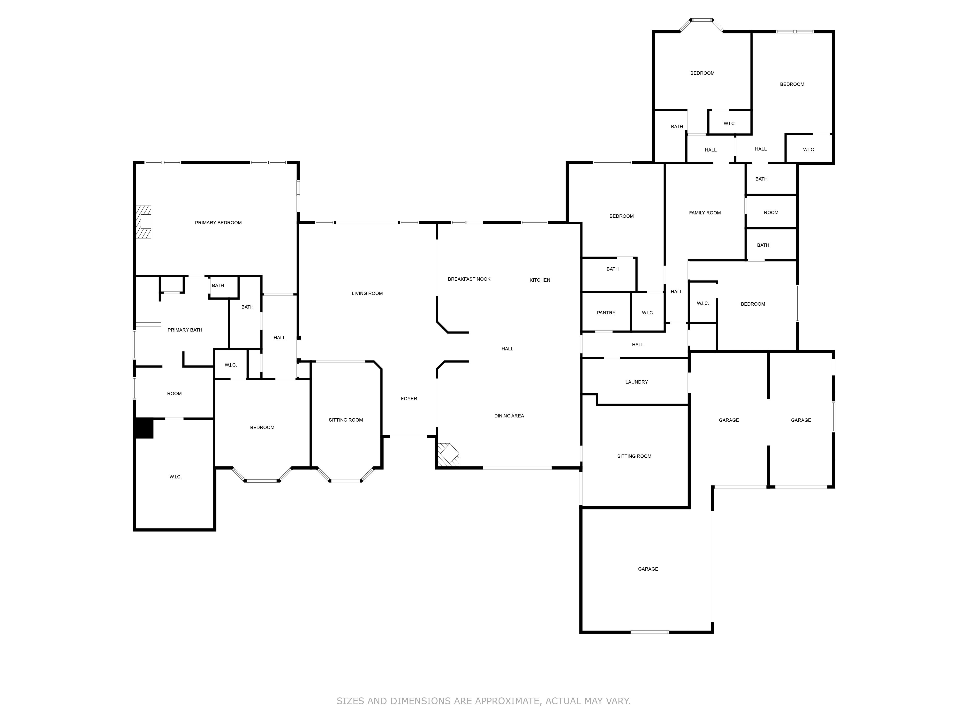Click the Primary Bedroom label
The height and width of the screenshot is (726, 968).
coord(218,223)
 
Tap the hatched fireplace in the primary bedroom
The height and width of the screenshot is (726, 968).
coord(143,222)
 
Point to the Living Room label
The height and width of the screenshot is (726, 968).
coord(367,294)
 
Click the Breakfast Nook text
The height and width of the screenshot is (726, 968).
coord(469,279)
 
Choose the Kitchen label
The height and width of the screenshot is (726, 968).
coord(540,280)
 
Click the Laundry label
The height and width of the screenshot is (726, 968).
coord(637,382)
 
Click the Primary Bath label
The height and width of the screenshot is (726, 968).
coord(185,330)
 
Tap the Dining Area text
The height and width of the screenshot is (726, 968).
coord(509,416)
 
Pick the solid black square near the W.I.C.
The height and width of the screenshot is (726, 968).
coord(144,428)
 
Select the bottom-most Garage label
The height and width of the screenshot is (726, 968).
coord(648,569)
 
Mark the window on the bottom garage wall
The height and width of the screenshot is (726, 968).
coord(650,632)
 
